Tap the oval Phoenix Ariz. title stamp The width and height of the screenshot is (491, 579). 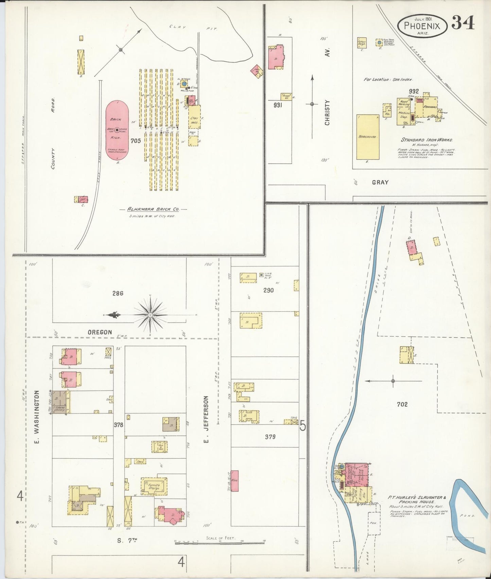(422, 26)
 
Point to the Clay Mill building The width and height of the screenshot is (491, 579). (195, 117)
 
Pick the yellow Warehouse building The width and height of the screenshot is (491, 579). (368, 137)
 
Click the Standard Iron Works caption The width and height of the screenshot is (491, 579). (427, 140)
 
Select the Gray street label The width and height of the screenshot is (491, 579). (380, 182)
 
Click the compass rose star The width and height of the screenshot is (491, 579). (150, 315)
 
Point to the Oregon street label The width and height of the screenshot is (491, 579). (100, 332)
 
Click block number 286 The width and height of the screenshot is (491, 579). (118, 293)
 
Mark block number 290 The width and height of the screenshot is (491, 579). (268, 290)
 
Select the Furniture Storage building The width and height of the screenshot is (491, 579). (154, 486)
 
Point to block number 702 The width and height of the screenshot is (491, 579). (402, 404)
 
